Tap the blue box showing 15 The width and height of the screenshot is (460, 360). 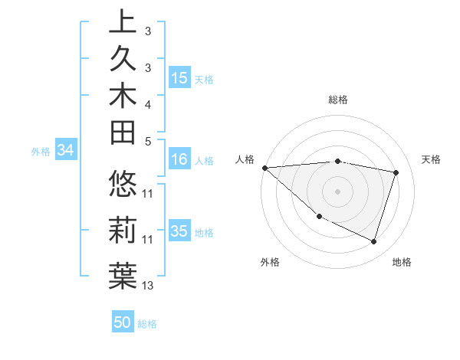[x=179, y=78]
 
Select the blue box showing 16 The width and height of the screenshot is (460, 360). [x=179, y=160]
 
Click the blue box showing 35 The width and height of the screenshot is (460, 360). [x=179, y=231]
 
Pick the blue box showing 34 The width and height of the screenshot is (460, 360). [x=66, y=151]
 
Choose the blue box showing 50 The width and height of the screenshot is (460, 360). [x=123, y=322]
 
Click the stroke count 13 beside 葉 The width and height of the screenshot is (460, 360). [x=148, y=286]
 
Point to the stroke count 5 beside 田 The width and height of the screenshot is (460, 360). [x=148, y=141]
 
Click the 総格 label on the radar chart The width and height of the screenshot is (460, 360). [x=338, y=100]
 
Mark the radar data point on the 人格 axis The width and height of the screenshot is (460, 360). [x=264, y=168]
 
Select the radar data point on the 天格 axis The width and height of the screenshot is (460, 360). [x=396, y=172]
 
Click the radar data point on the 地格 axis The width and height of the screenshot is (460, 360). [x=373, y=241]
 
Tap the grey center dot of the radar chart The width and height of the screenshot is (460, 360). [x=337, y=191]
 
